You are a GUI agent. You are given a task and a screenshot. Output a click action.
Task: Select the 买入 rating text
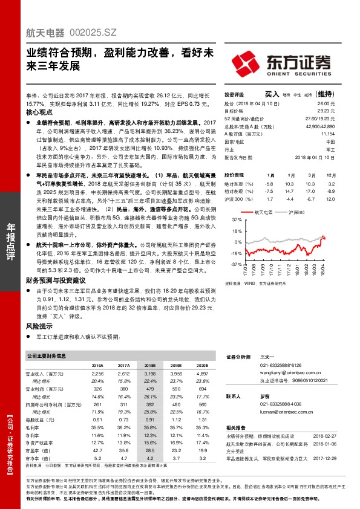[x=272, y=94]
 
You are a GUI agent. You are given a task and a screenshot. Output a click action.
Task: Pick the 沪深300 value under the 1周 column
[x=269, y=198]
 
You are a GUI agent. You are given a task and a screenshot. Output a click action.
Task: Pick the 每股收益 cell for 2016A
[x=97, y=418]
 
